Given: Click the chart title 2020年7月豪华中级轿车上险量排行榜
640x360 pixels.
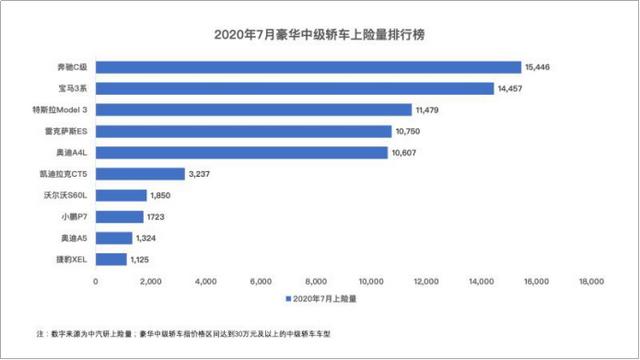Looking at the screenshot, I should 320,37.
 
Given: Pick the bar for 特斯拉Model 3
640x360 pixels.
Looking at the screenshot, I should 253,109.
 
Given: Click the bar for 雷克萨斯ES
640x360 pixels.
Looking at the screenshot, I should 243,131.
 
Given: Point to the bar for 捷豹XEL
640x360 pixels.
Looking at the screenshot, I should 111,259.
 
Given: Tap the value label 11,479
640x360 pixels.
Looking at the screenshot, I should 431,109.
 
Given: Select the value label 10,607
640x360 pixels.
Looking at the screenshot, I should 407,153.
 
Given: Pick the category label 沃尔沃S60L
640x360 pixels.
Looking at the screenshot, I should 68,195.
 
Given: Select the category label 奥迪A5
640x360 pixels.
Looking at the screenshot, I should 76,238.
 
